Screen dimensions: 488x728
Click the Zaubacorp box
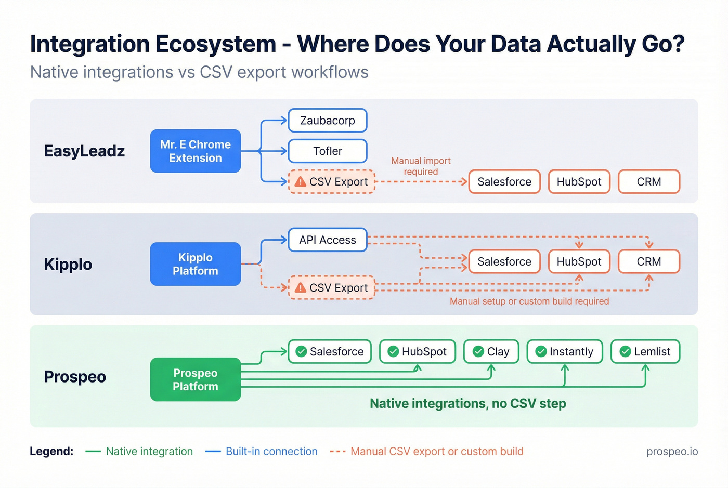[x=328, y=121]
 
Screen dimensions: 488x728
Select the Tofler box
[x=328, y=151]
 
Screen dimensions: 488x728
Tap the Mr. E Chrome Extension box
[x=196, y=151]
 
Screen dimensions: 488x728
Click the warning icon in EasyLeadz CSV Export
[x=301, y=182]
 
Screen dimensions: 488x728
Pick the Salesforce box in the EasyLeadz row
[x=504, y=182]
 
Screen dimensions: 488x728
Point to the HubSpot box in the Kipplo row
[x=579, y=261]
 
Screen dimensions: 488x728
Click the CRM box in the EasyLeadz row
[x=648, y=182]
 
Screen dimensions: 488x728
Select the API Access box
[x=328, y=240]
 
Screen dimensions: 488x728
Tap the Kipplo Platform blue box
[x=196, y=264]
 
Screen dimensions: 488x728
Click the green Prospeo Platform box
[x=196, y=379]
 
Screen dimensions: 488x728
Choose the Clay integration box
[x=491, y=352]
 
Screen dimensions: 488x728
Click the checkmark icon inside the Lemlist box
[x=625, y=352]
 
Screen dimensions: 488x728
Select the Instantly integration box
[x=565, y=352]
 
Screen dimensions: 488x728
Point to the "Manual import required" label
[x=421, y=166]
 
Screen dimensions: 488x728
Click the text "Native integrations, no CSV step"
[x=467, y=404]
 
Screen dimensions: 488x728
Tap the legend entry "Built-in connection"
[x=271, y=451]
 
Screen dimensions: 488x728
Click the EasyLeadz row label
[x=84, y=151]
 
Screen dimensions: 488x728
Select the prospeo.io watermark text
[x=672, y=451]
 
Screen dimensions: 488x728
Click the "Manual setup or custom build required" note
[x=529, y=301]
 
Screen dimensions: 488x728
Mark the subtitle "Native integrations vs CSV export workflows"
[x=199, y=72]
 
